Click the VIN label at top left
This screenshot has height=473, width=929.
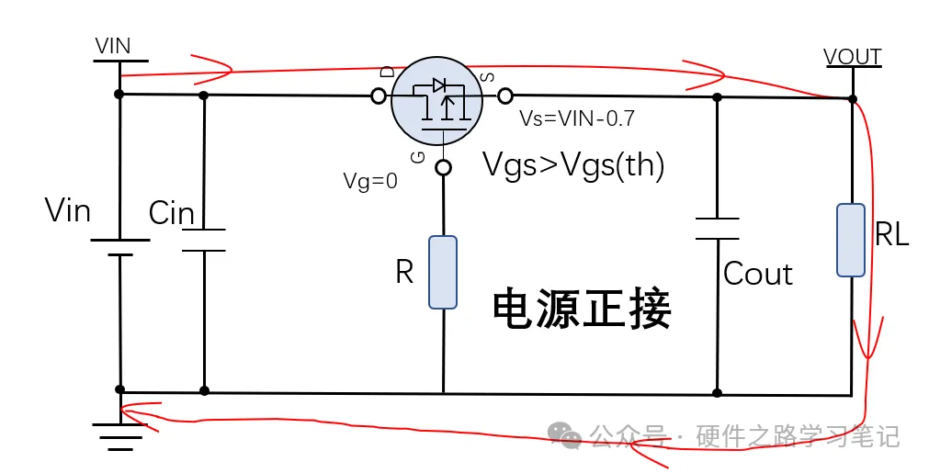tap(113, 46)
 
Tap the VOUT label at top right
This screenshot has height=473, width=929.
tap(853, 57)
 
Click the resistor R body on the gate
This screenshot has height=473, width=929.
tap(443, 272)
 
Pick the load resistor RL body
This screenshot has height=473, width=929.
tap(851, 241)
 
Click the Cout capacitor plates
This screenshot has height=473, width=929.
tap(717, 229)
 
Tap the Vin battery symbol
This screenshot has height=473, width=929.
tap(119, 248)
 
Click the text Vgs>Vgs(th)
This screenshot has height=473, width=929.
tap(573, 166)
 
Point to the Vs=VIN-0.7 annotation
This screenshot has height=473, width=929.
tap(577, 118)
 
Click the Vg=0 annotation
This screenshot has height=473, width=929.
tap(370, 181)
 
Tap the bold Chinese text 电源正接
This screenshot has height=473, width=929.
tap(582, 309)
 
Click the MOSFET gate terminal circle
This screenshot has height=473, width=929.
tap(443, 168)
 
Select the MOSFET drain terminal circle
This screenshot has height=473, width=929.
tap(378, 96)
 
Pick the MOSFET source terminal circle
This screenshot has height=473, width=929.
tap(504, 96)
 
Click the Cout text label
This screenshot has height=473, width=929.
tap(758, 274)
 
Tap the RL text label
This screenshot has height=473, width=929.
tap(891, 235)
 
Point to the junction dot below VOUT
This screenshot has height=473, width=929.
tap(853, 98)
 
